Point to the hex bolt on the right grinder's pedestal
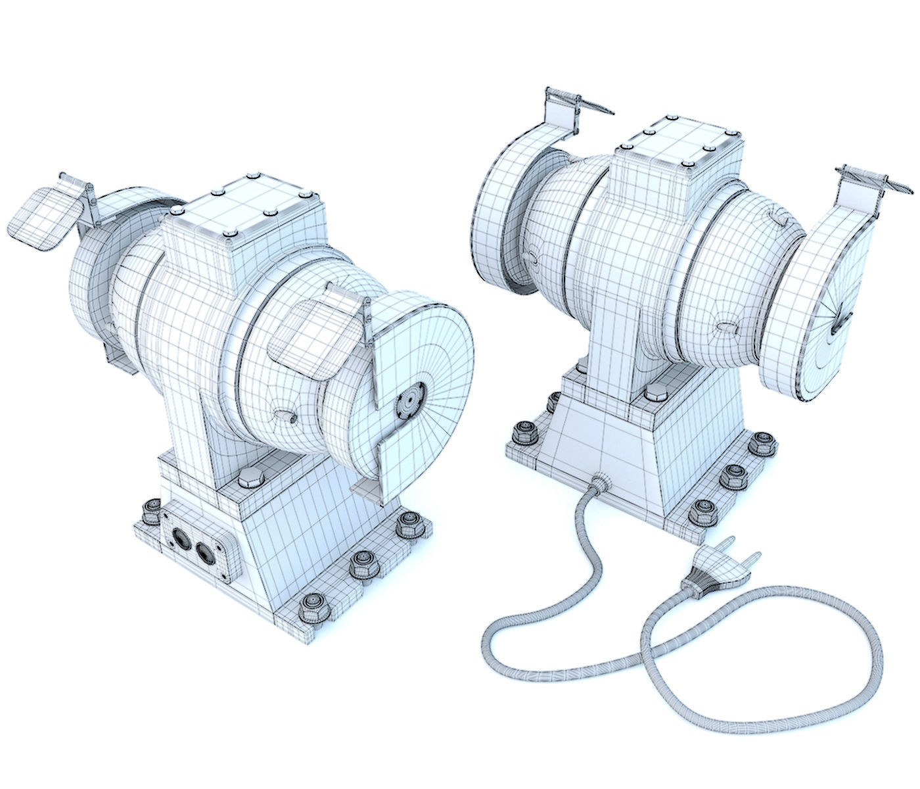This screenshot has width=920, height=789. click(655, 394)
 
